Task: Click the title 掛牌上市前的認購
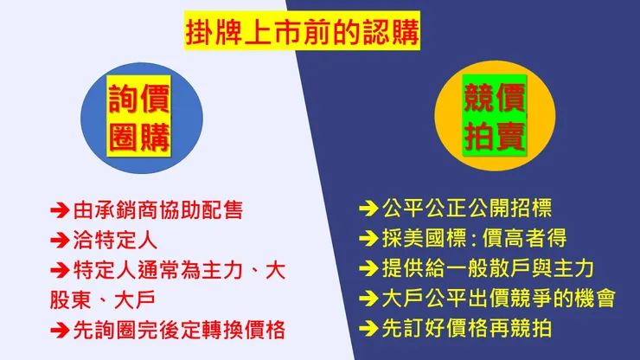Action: (302, 34)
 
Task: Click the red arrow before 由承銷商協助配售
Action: (60, 209)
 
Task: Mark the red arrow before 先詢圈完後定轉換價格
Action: (60, 329)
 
